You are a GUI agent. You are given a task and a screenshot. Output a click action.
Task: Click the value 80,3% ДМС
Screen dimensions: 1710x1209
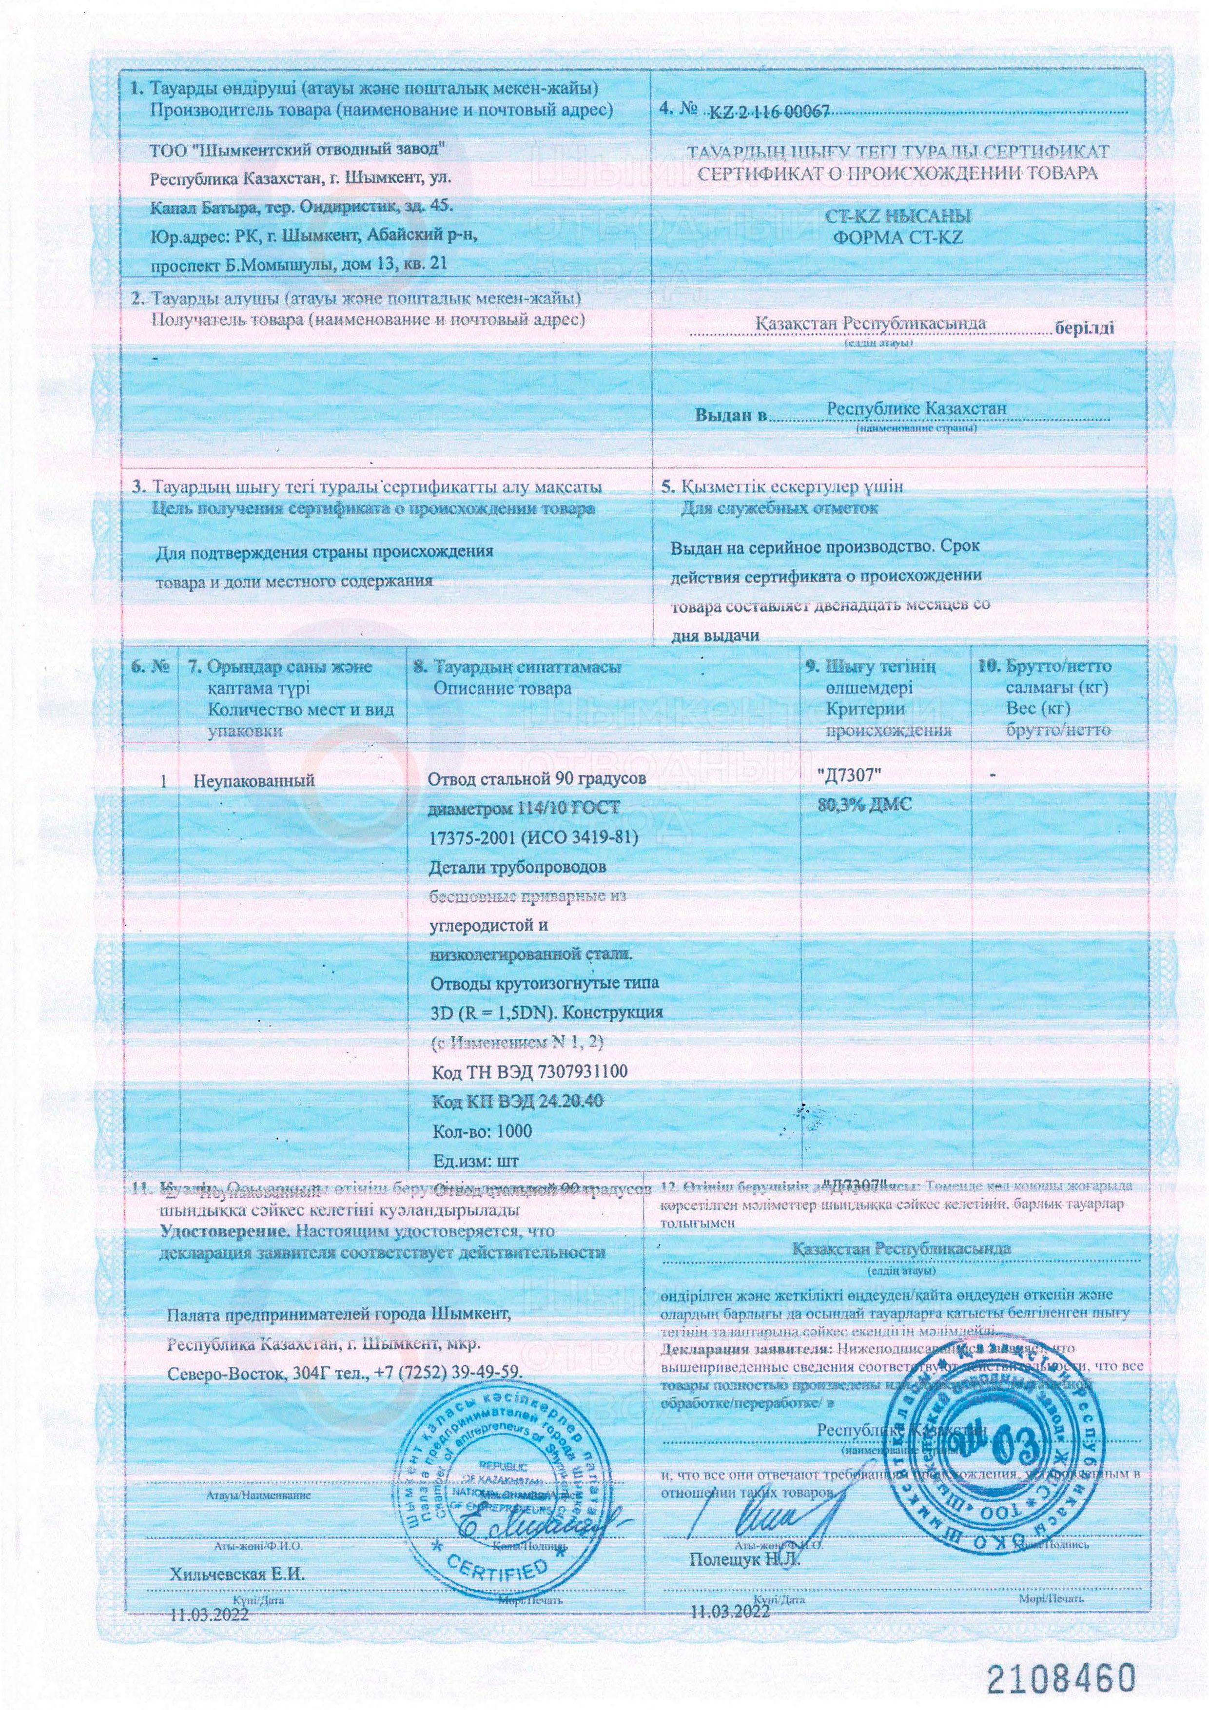coord(864,806)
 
